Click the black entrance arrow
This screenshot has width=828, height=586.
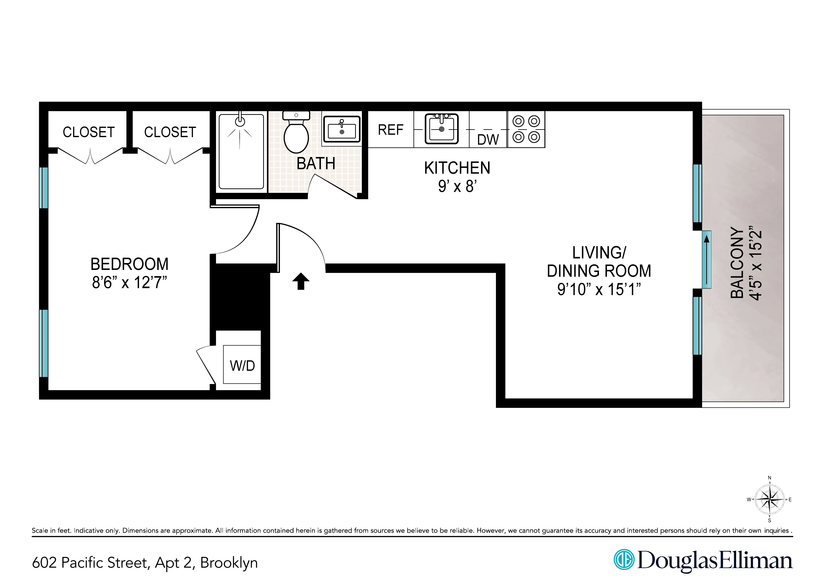[x=301, y=281]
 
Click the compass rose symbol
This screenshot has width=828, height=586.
[x=770, y=500]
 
